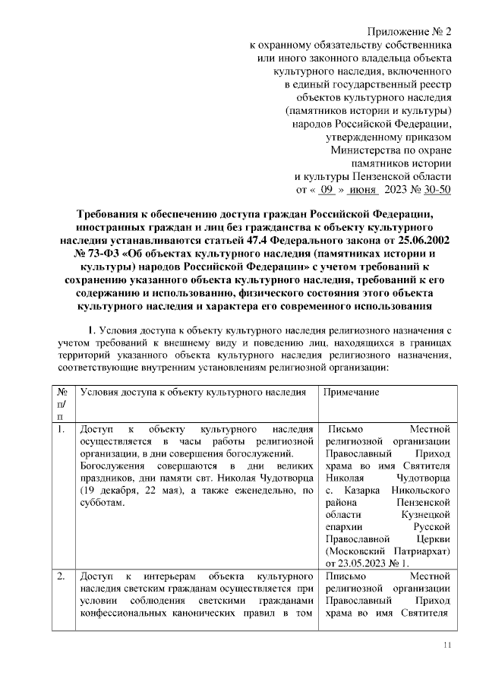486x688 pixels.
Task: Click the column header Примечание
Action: [x=352, y=392]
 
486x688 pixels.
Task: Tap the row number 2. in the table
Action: [x=62, y=577]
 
